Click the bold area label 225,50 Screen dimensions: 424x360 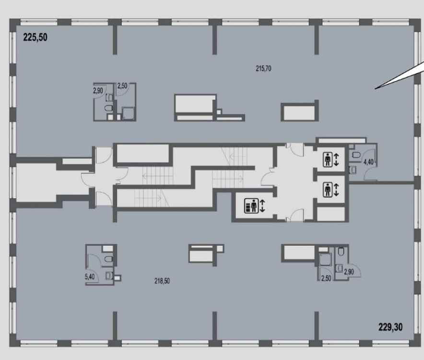(35, 37)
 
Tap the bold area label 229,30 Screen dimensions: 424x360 (390, 327)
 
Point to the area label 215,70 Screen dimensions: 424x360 (263, 69)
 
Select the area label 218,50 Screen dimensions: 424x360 (162, 281)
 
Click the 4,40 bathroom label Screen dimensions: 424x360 (368, 162)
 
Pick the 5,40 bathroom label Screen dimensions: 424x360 (90, 276)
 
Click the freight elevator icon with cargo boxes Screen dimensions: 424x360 (251, 206)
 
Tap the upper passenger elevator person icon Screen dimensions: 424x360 (328, 159)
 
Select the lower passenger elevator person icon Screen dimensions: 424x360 (328, 190)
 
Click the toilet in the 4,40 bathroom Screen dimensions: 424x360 (355, 155)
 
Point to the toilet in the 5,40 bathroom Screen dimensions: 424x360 (108, 259)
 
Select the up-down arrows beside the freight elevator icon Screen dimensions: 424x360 (262, 206)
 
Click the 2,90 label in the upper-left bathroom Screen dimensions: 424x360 (98, 91)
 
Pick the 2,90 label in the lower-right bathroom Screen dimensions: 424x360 (349, 272)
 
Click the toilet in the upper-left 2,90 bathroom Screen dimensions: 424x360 (108, 108)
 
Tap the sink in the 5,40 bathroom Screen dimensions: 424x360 (109, 276)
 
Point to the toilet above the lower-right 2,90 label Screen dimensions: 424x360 (341, 252)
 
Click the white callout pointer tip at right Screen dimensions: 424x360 (375, 88)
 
